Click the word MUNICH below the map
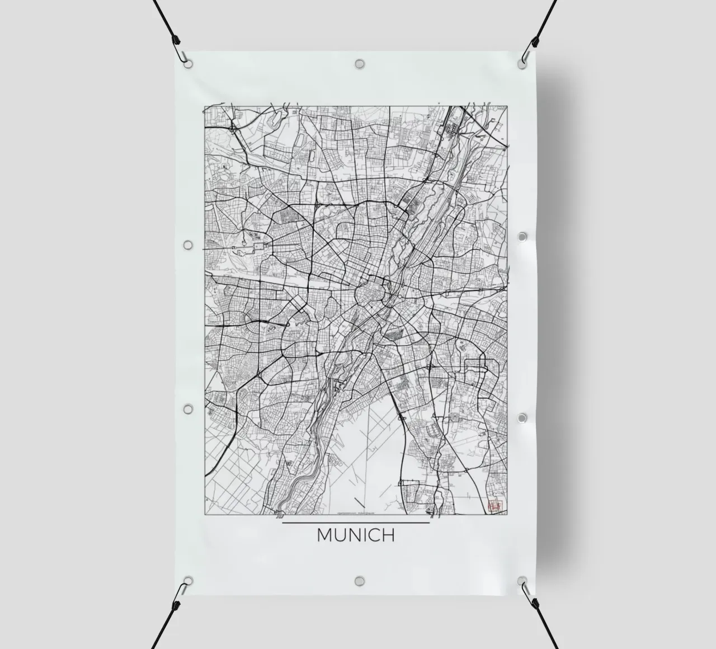pos(356,535)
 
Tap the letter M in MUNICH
pos(325,535)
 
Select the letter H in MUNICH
pos(388,535)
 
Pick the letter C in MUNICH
pos(374,535)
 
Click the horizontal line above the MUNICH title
pos(356,523)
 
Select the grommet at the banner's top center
pos(359,63)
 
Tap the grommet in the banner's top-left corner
pos(189,63)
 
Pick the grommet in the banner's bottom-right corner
pos(522,580)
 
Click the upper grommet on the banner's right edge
pos(522,237)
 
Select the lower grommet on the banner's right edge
pos(522,418)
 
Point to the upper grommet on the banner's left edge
pos(188,245)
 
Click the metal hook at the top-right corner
pos(528,54)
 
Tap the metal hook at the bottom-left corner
pos(182,589)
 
